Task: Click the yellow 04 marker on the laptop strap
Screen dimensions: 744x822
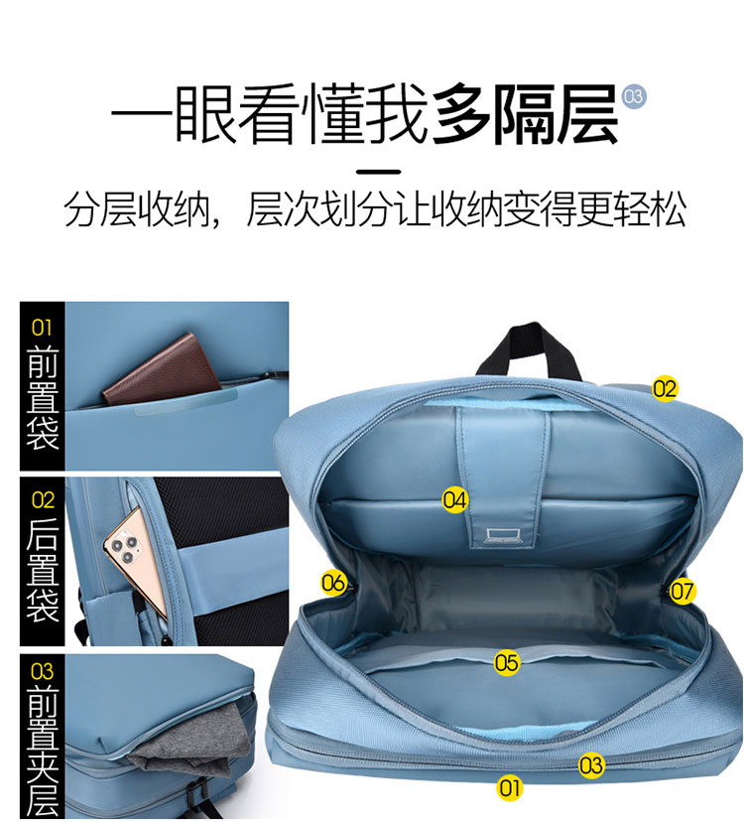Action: (454, 499)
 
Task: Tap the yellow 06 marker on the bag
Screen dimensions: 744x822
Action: (333, 583)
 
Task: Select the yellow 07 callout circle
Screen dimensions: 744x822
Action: (682, 591)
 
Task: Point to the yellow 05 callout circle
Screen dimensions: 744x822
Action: (507, 662)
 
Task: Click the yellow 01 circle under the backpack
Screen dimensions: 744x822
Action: (509, 787)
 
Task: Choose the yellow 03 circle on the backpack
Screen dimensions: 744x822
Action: (591, 765)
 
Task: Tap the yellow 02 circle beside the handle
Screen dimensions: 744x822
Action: (665, 388)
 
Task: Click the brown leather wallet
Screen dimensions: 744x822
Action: (162, 369)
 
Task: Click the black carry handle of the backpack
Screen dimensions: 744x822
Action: (529, 348)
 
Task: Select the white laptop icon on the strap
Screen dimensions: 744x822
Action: (503, 536)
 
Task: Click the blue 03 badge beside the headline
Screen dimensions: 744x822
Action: (634, 96)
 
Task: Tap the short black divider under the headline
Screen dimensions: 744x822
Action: (378, 171)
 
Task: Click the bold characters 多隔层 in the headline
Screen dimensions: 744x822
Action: (525, 114)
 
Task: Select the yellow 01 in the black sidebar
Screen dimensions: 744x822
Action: (42, 328)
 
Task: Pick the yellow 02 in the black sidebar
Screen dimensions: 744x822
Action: (43, 499)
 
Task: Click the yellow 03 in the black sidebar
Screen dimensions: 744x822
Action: (42, 671)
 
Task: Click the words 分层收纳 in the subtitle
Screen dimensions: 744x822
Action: (136, 209)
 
